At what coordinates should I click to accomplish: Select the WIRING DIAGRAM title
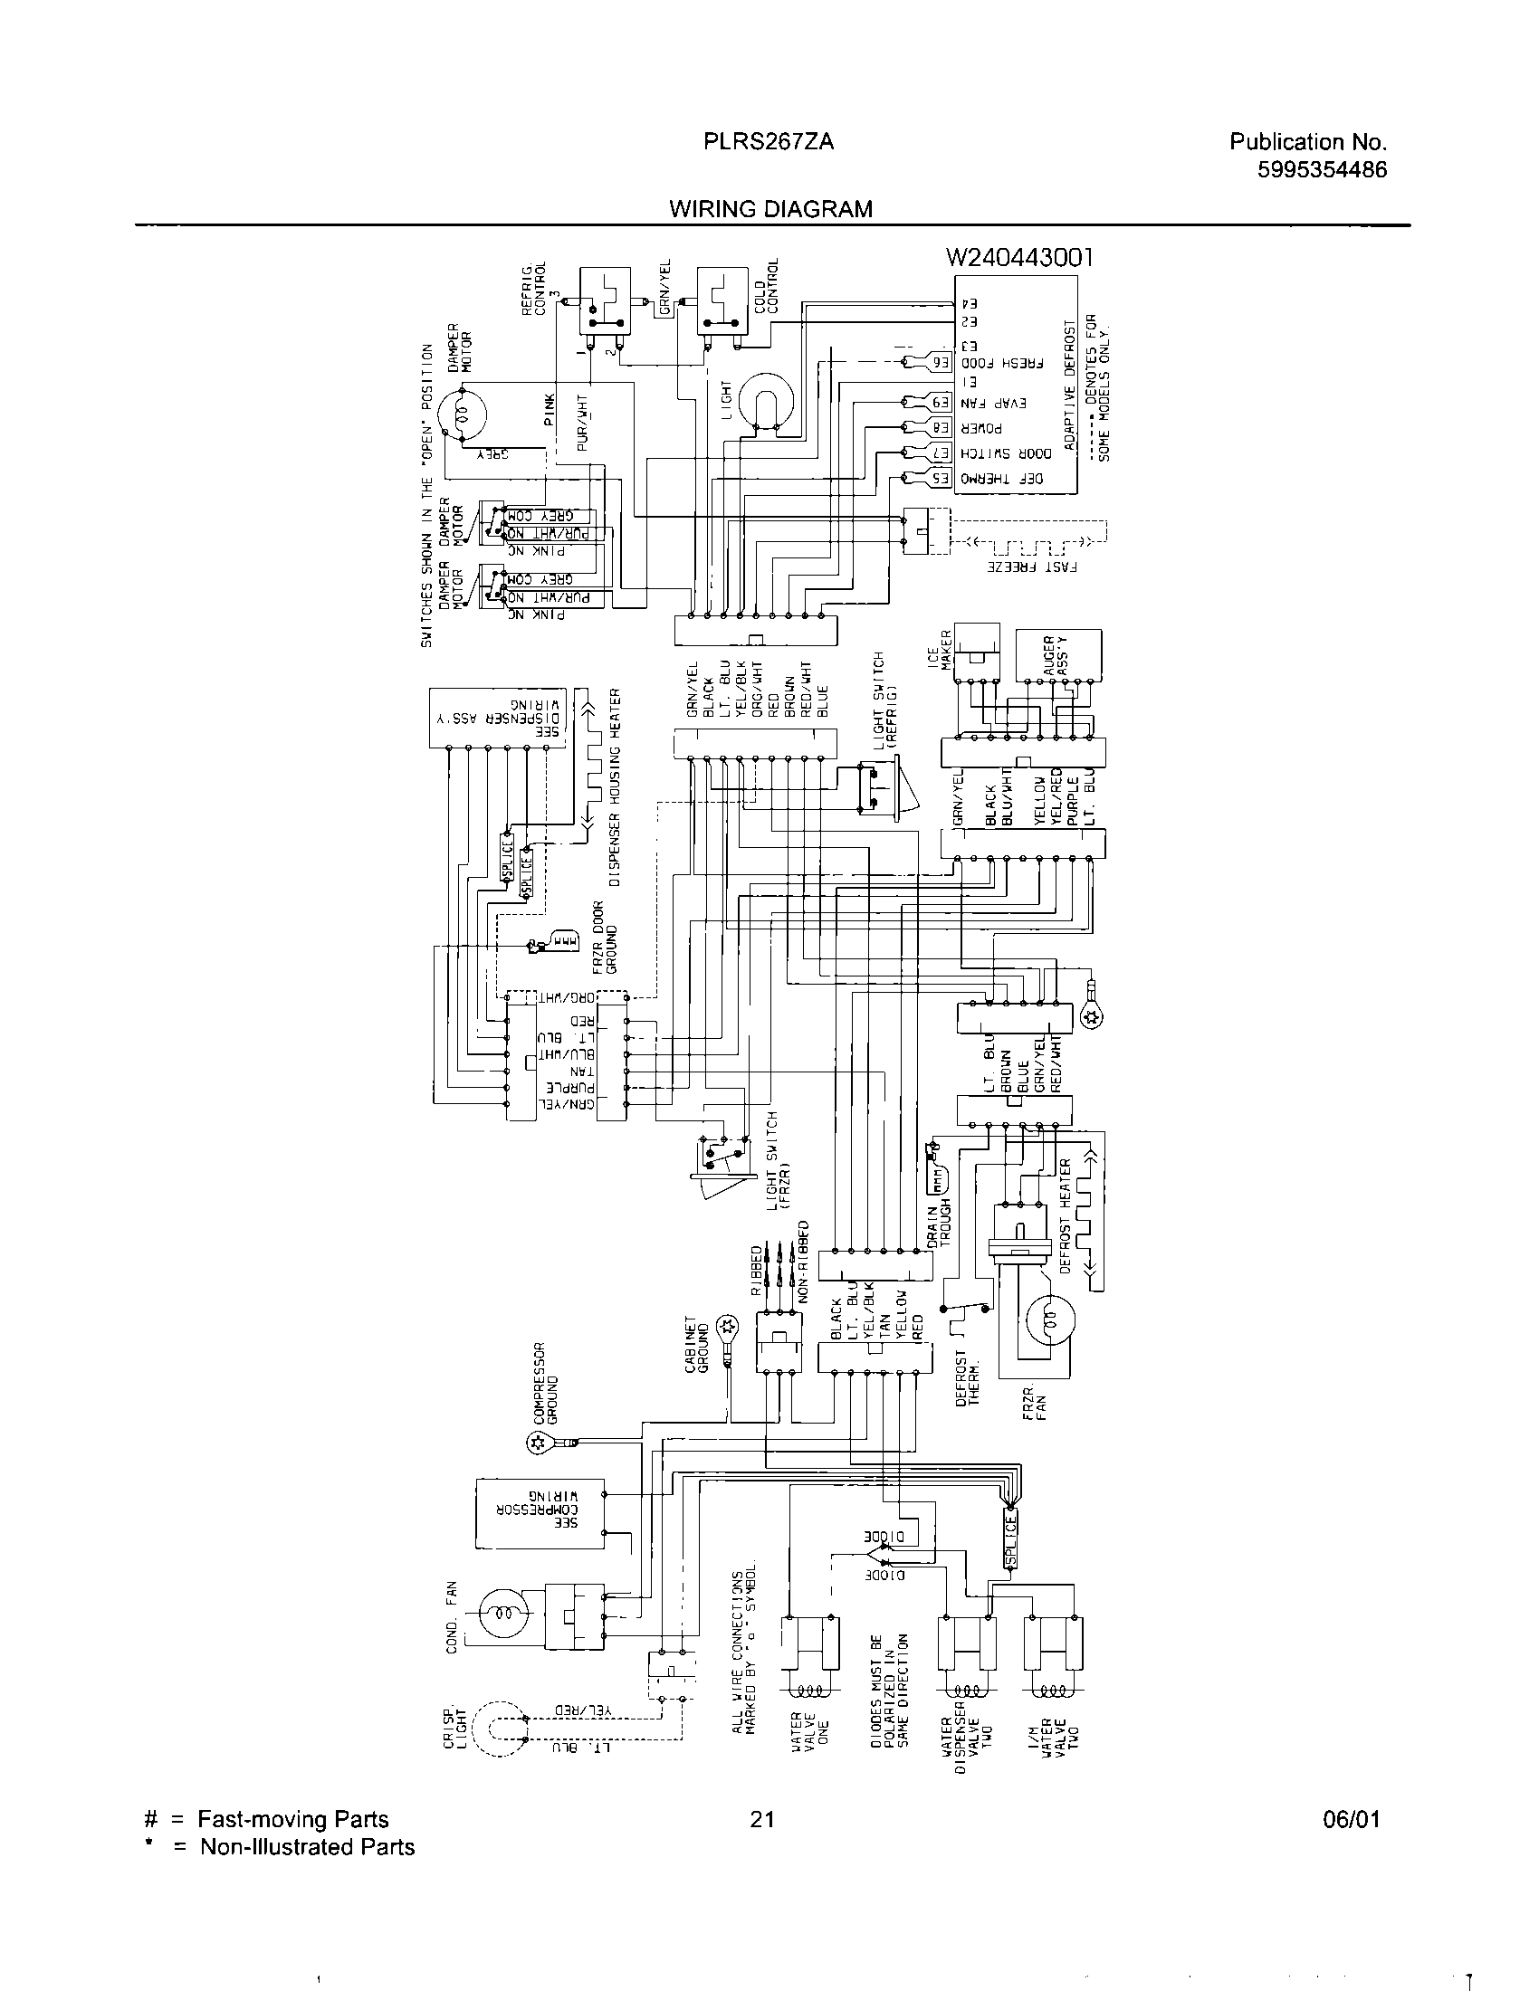770,210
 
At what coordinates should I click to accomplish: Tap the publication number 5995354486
1321,169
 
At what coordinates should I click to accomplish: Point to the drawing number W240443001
1018,258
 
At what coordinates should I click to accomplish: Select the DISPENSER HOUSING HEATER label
615,788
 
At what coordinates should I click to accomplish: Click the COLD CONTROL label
767,287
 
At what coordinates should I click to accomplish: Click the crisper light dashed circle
497,1728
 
